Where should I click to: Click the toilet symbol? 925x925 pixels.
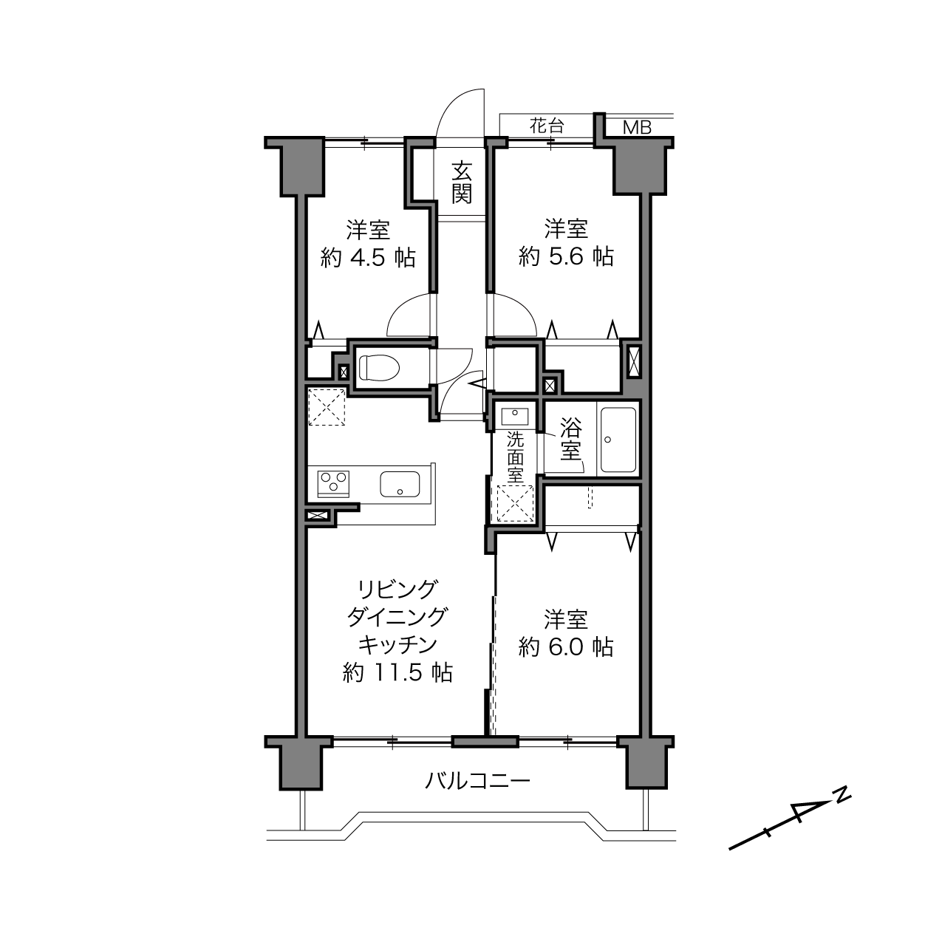point(379,368)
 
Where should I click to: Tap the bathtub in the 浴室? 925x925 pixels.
point(618,440)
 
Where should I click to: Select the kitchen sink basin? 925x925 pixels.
point(400,484)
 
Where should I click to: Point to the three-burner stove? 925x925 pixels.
point(333,484)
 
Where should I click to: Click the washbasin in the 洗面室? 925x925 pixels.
point(514,416)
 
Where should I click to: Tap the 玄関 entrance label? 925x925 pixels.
point(461,183)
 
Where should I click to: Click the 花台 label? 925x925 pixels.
point(547,126)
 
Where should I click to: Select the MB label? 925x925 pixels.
point(637,128)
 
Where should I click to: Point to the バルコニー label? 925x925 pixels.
point(477,780)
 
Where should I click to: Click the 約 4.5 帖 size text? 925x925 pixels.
point(368,259)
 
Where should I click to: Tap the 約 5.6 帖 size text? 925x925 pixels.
point(566,258)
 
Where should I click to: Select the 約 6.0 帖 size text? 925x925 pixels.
point(566,647)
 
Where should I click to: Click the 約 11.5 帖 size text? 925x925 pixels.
point(397,672)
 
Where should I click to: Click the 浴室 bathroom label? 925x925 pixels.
point(571,438)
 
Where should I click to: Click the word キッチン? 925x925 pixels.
point(398,645)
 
